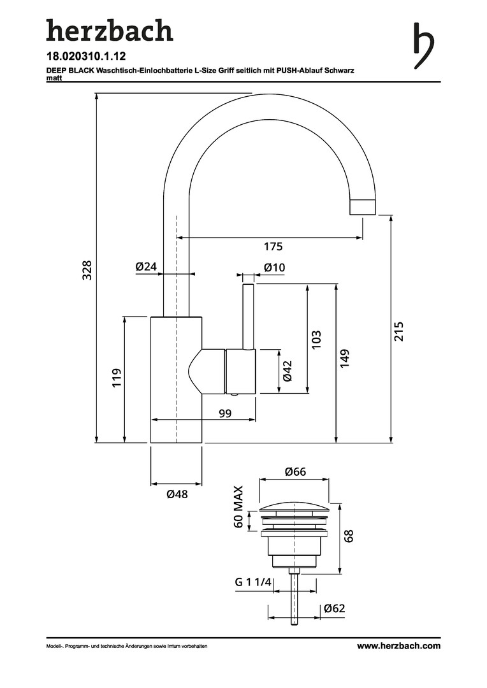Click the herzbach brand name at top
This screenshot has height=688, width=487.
coord(109,30)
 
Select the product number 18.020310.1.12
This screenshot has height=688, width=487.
coord(86,56)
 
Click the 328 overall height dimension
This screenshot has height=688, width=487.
coord(87,269)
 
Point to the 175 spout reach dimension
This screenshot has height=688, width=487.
coord(273,247)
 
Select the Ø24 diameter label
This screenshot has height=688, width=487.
coord(146,267)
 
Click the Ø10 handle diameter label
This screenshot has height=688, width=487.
coord(274,268)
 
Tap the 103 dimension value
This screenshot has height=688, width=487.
coord(317,338)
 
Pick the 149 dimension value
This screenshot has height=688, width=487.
coord(345,358)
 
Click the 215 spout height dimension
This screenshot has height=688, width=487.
coord(399,331)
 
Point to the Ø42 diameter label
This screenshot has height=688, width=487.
coord(287,371)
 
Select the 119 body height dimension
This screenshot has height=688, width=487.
coord(117,378)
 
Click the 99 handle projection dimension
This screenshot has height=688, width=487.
coord(224,414)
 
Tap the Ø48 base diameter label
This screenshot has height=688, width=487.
coord(177,494)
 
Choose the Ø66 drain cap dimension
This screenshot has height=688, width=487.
coord(296,472)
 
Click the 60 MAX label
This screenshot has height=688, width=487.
coord(238,507)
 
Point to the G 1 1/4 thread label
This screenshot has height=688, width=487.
coord(253,582)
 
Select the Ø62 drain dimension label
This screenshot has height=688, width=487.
coord(334,608)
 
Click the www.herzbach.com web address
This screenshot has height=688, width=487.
coord(398,646)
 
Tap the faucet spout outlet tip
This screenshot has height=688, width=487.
coord(363,208)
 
